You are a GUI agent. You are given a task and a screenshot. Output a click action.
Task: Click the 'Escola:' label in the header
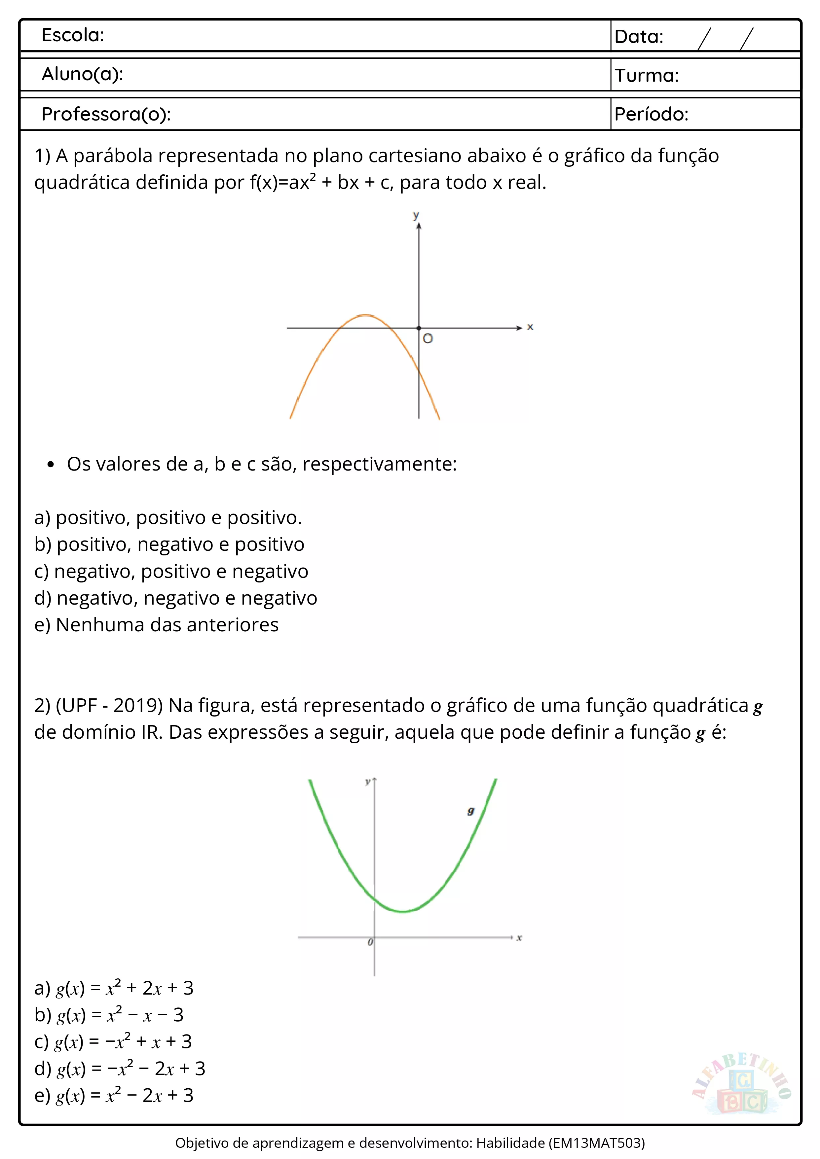(x=73, y=35)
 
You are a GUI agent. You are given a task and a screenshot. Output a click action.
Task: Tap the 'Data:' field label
(x=639, y=37)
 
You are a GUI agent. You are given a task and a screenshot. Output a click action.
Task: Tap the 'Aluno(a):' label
(x=82, y=74)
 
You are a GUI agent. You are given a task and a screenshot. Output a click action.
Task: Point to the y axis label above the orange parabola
(x=416, y=215)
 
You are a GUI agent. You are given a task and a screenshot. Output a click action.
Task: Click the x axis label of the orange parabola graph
(x=530, y=327)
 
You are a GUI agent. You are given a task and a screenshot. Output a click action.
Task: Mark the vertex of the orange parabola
(x=365, y=315)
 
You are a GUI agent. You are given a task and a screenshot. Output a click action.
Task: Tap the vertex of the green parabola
(x=403, y=911)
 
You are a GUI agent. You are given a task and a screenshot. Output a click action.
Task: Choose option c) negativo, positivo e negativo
(x=171, y=572)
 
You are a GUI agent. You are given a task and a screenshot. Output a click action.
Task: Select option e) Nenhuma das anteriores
(x=157, y=625)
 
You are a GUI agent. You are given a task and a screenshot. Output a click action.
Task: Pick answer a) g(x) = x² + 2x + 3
(x=114, y=988)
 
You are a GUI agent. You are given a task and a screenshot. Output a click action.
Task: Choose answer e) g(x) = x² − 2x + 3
(x=114, y=1095)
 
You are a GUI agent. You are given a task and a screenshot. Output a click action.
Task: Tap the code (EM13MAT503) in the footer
(x=597, y=1143)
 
